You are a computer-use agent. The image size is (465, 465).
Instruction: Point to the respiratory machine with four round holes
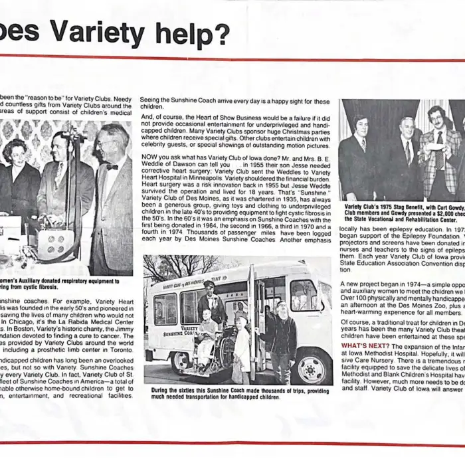(x=52, y=244)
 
